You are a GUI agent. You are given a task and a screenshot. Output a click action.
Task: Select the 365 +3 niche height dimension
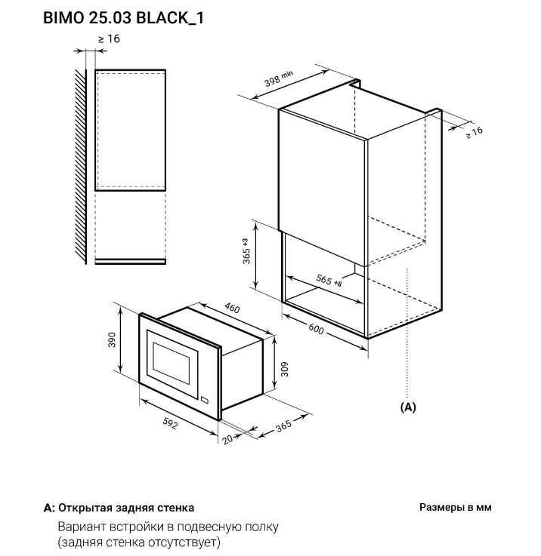246,253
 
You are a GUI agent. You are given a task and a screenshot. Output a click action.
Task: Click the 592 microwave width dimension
170,425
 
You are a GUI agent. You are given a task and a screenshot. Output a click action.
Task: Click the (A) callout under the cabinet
407,407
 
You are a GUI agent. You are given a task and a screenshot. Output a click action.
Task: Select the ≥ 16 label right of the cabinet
474,131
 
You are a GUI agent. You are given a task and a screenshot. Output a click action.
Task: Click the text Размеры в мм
455,508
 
